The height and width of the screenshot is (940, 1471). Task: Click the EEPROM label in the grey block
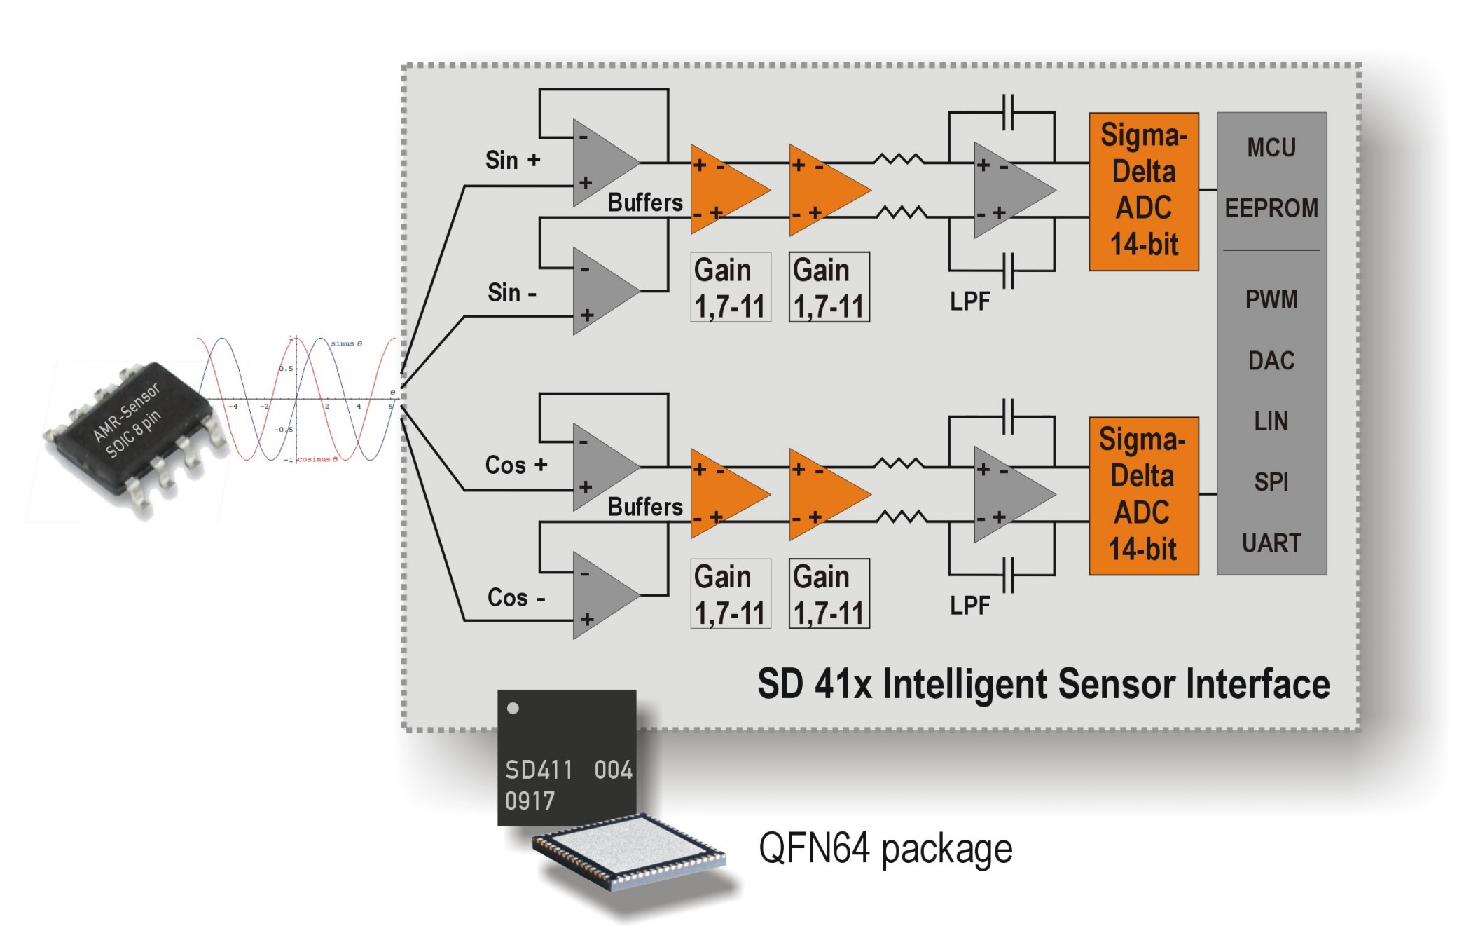pyautogui.click(x=1271, y=208)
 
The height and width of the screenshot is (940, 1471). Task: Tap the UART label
pyautogui.click(x=1271, y=543)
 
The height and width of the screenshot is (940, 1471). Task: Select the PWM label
pyautogui.click(x=1271, y=300)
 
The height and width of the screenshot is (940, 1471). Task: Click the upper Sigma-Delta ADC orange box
pyautogui.click(x=1143, y=191)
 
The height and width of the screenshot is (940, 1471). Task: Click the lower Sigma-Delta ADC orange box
pyautogui.click(x=1143, y=496)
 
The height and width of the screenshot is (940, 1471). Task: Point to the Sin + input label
pyautogui.click(x=513, y=161)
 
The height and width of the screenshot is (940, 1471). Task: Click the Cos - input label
pyautogui.click(x=516, y=598)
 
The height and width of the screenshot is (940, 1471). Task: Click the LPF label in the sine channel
pyautogui.click(x=969, y=301)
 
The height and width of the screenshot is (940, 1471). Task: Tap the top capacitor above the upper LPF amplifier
pyautogui.click(x=1008, y=112)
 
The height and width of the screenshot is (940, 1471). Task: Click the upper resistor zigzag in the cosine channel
pyautogui.click(x=899, y=463)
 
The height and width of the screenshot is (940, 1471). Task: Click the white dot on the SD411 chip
pyautogui.click(x=513, y=708)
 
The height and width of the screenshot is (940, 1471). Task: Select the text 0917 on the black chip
pyautogui.click(x=530, y=801)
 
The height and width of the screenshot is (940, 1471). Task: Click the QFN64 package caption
pyautogui.click(x=885, y=849)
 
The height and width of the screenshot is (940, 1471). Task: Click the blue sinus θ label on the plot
pyautogui.click(x=346, y=343)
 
